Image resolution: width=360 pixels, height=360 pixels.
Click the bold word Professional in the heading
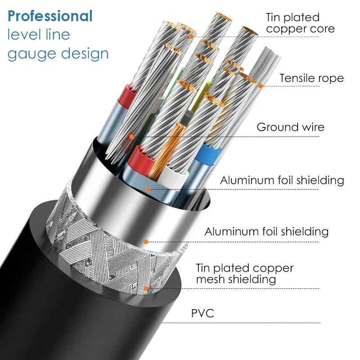[50, 16]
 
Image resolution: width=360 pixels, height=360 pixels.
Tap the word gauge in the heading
[31, 54]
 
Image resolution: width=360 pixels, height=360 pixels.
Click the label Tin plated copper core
[300, 23]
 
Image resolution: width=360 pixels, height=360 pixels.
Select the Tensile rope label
[311, 78]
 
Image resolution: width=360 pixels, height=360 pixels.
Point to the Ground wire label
[290, 127]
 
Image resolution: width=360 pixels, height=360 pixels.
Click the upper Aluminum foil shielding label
[282, 180]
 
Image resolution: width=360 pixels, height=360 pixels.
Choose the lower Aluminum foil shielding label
[266, 231]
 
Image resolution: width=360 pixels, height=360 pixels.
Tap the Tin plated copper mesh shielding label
[244, 274]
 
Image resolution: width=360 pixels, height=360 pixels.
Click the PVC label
[202, 313]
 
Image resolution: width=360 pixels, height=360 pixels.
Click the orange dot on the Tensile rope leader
[261, 86]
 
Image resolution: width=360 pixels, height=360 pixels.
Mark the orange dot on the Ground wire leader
[131, 137]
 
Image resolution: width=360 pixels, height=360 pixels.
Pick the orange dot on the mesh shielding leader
[145, 288]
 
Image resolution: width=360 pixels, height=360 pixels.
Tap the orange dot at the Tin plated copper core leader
[191, 36]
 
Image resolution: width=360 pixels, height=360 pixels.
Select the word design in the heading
[85, 54]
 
